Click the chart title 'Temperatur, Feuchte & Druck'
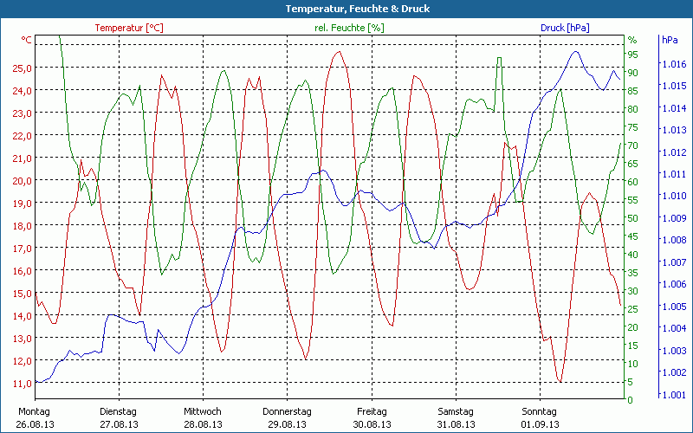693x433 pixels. (346, 9)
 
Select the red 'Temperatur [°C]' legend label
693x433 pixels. (129, 28)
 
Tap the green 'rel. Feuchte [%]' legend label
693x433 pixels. (347, 28)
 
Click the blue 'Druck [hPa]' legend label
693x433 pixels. (565, 28)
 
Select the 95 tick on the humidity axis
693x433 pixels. (633, 54)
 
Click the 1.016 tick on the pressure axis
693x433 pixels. (673, 64)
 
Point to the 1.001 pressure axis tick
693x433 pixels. (673, 395)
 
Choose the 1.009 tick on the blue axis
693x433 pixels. (673, 218)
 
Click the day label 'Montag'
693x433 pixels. (34, 411)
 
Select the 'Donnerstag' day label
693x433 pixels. (287, 411)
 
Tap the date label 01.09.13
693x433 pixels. (541, 424)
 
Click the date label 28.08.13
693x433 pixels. (203, 424)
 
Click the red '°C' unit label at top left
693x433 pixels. (27, 40)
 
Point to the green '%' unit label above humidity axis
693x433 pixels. (632, 40)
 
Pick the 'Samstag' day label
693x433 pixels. (456, 411)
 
